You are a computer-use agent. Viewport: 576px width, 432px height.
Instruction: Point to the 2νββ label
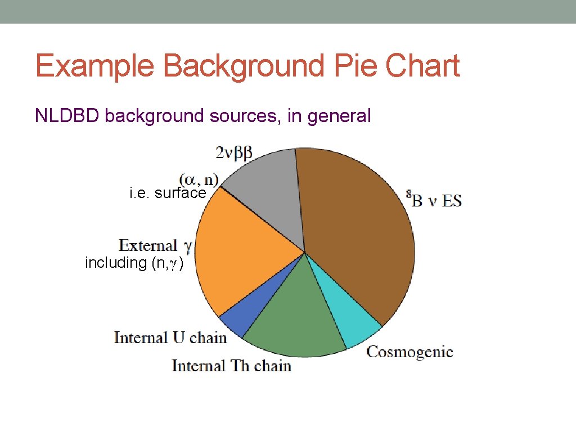(x=234, y=152)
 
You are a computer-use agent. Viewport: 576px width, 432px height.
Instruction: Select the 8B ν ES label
(x=434, y=199)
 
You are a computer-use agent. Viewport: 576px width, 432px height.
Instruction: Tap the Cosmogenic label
(x=409, y=352)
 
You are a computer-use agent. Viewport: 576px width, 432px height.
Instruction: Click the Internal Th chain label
(x=231, y=366)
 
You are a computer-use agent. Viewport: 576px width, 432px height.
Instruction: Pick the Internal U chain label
(x=170, y=337)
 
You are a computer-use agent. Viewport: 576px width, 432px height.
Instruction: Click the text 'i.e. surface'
(x=168, y=193)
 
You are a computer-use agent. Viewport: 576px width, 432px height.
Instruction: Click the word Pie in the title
(x=355, y=66)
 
